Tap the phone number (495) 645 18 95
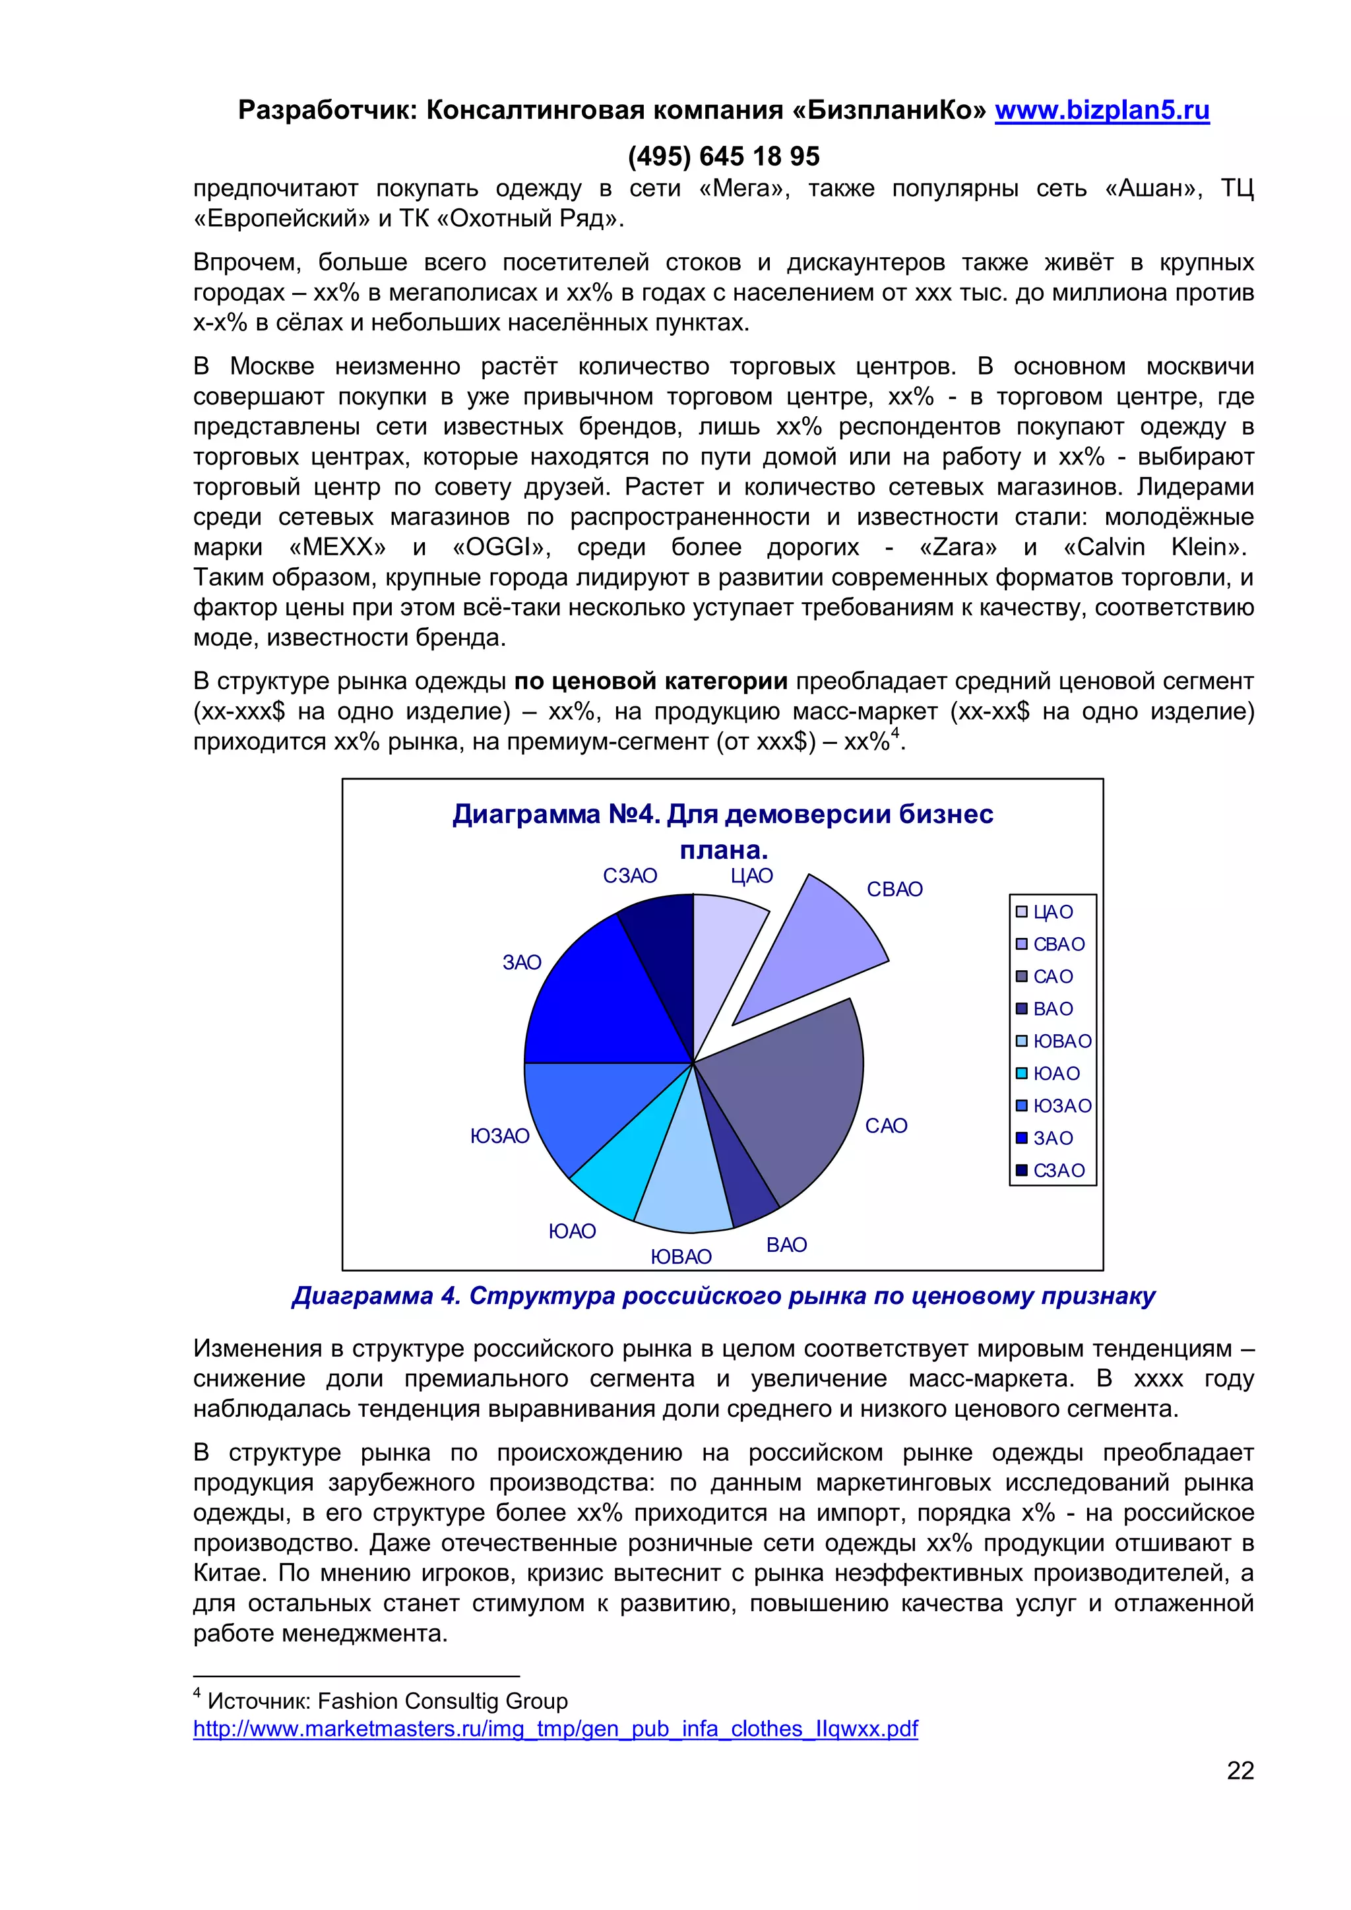[x=723, y=156]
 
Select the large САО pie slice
[x=790, y=1098]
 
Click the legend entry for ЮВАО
[x=1061, y=1041]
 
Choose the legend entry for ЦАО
[x=1052, y=911]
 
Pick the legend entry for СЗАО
[x=1058, y=1171]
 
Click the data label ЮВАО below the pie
[x=681, y=1256]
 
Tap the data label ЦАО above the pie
[x=751, y=876]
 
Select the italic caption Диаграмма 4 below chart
[x=722, y=1295]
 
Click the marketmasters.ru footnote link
[x=555, y=1729]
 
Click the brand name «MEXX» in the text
[x=337, y=547]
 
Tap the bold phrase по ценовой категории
[x=650, y=681]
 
